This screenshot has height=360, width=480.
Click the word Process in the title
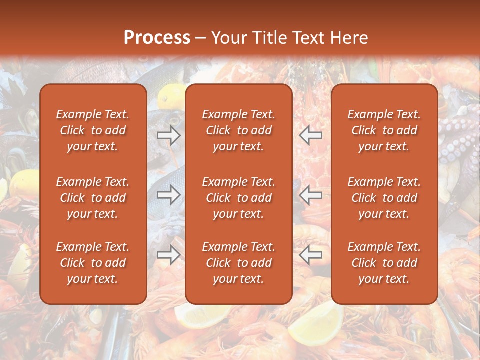157,38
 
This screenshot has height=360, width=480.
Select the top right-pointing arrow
169,135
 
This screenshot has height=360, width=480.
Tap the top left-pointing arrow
311,135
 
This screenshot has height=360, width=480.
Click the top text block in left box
93,130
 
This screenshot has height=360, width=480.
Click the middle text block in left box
93,198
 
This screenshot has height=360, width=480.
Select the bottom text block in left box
93,263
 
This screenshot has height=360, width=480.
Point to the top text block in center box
238,130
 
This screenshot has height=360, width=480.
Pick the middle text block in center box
238,198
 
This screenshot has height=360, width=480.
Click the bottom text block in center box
238,263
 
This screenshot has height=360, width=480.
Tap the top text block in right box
384,130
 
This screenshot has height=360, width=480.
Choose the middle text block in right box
384,198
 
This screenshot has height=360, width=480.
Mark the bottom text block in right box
384,263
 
